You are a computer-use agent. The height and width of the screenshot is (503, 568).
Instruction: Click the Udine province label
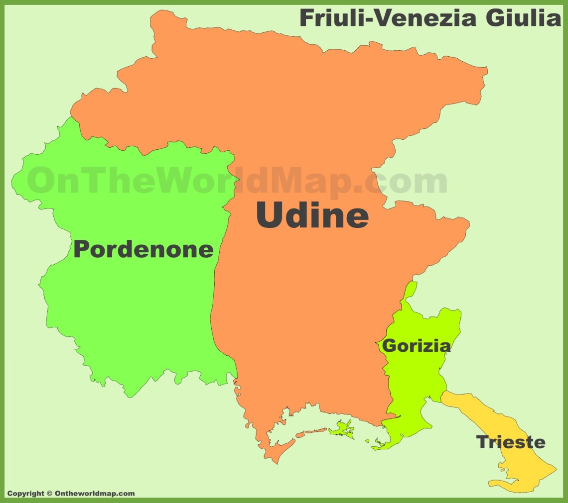[312, 215]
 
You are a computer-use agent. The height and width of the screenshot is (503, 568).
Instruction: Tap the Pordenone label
[143, 249]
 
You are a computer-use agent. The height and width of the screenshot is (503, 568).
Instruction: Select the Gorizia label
[416, 345]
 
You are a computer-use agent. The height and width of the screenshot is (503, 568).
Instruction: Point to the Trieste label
[511, 442]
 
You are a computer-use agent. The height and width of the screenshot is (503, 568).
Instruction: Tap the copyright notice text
[71, 494]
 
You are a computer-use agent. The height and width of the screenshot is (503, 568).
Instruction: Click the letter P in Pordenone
[83, 249]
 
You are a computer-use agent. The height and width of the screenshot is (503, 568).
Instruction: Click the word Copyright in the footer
[25, 494]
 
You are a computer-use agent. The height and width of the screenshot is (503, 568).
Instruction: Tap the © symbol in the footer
[49, 494]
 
